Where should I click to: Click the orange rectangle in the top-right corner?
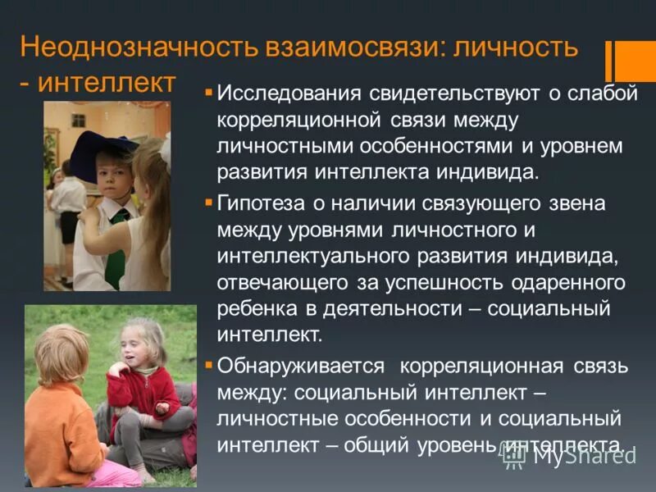(x=635, y=61)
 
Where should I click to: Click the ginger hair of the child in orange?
(x=61, y=353)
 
